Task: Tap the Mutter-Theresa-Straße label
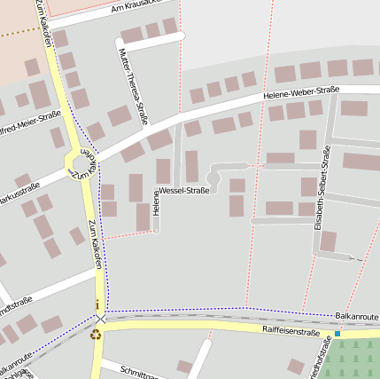(132, 85)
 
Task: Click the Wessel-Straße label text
(183, 191)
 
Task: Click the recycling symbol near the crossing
(96, 335)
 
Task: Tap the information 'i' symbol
(97, 305)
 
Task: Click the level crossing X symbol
(101, 319)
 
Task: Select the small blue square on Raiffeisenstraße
(337, 334)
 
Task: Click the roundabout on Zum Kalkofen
(81, 163)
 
